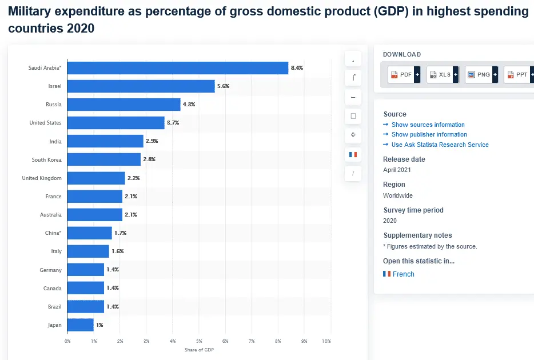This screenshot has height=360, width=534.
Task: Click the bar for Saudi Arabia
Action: point(177,68)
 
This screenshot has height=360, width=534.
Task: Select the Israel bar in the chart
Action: point(141,86)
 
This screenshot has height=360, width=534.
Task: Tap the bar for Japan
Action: point(80,325)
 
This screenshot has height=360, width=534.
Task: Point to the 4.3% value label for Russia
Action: point(189,105)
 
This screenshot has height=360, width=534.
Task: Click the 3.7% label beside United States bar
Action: point(173,123)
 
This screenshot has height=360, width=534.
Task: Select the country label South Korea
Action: point(46,160)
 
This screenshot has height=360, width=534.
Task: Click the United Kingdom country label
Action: point(42,178)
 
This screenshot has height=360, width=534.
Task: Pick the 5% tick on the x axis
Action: point(199,341)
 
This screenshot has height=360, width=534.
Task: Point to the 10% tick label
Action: point(326,341)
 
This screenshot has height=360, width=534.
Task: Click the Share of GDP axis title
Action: point(199,350)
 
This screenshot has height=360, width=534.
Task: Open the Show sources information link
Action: point(428,125)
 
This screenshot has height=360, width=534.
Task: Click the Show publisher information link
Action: point(429,134)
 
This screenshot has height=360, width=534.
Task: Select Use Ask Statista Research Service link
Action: point(440,145)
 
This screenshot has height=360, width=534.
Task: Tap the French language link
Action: point(403,274)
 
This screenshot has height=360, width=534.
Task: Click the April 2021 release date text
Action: point(397,170)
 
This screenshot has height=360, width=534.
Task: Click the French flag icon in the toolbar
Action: point(353,154)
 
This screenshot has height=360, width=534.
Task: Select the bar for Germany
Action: point(86,270)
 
